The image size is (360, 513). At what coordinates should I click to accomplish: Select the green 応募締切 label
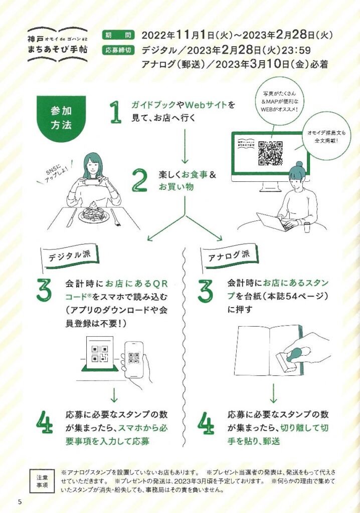pyautogui.click(x=118, y=50)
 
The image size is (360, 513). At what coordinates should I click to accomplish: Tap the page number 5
pyautogui.click(x=20, y=501)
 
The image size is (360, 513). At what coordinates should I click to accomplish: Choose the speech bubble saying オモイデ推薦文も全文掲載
pyautogui.click(x=322, y=136)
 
